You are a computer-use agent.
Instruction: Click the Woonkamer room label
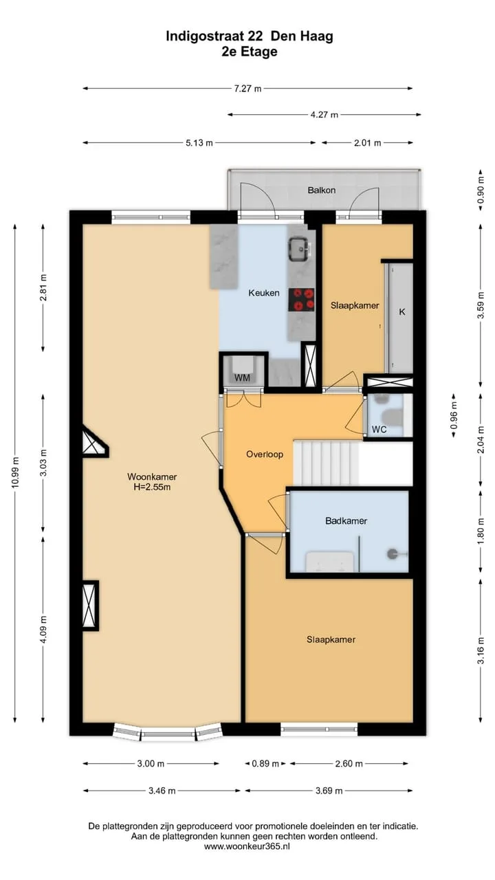(x=152, y=476)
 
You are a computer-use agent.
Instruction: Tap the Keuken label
(x=264, y=293)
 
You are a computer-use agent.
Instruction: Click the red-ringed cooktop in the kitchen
(x=302, y=300)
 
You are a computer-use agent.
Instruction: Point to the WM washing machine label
(x=243, y=377)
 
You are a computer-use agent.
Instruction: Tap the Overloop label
(x=265, y=454)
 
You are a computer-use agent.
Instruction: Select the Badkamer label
(x=346, y=521)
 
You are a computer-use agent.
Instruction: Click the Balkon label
(x=322, y=190)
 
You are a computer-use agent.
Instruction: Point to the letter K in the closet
(x=402, y=312)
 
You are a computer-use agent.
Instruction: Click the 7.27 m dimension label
(x=247, y=89)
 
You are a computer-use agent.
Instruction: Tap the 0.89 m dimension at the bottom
(x=265, y=764)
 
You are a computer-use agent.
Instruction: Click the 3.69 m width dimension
(x=329, y=791)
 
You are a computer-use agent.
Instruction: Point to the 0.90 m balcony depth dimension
(x=480, y=190)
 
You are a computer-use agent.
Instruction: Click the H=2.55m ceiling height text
(x=152, y=487)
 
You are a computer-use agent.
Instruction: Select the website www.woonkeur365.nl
(x=247, y=846)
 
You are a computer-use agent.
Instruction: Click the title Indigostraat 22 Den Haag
(x=250, y=36)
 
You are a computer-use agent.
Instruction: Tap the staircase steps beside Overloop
(x=326, y=463)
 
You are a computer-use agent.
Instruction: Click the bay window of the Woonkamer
(x=168, y=731)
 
